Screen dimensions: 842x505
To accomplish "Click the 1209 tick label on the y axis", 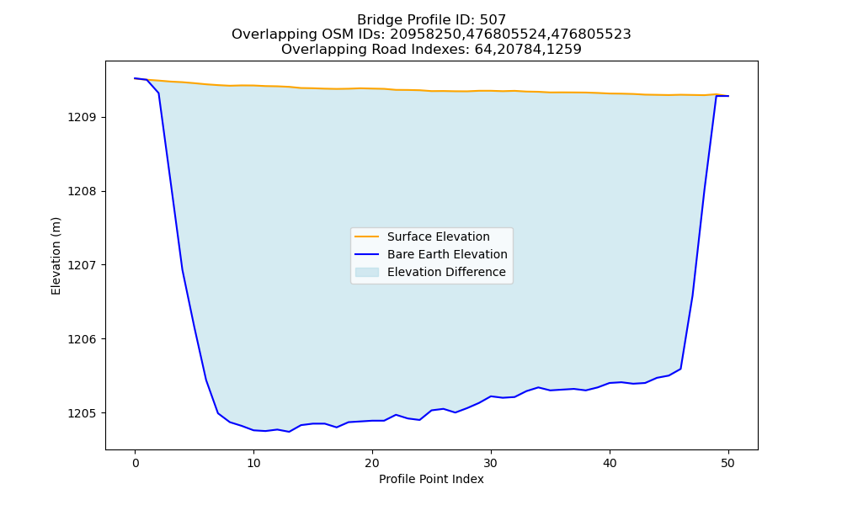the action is pyautogui.click(x=83, y=118).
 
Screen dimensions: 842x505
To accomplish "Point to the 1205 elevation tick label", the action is pyautogui.click(x=83, y=413).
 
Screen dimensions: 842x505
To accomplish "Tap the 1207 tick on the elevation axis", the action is pyautogui.click(x=83, y=265).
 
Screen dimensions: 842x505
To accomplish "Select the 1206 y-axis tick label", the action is pyautogui.click(x=83, y=339).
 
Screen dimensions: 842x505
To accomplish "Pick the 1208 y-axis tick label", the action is pyautogui.click(x=83, y=192).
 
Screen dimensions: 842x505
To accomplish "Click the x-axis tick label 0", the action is pyautogui.click(x=136, y=463).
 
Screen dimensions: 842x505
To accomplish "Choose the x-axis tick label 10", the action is pyautogui.click(x=253, y=463).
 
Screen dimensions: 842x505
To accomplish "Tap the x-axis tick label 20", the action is pyautogui.click(x=372, y=463).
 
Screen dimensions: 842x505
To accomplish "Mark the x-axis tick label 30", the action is pyautogui.click(x=491, y=463).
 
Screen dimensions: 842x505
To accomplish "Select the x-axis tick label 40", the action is pyautogui.click(x=610, y=463).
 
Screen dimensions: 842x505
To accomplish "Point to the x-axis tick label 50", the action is pyautogui.click(x=728, y=463).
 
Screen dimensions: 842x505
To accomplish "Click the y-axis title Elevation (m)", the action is pyautogui.click(x=56, y=256).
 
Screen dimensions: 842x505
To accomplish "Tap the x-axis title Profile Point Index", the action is pyautogui.click(x=431, y=479).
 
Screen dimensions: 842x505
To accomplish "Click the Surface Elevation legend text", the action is pyautogui.click(x=438, y=237).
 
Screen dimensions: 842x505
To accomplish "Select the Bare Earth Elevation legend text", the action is pyautogui.click(x=447, y=254).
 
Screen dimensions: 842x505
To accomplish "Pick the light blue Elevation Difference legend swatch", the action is pyautogui.click(x=367, y=272).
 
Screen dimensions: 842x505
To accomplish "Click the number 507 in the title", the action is pyautogui.click(x=493, y=20).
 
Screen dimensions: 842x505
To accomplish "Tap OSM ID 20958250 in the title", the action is pyautogui.click(x=424, y=35).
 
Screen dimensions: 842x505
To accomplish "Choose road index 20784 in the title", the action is pyautogui.click(x=518, y=50).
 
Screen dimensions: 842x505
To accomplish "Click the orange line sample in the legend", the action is pyautogui.click(x=367, y=237).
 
